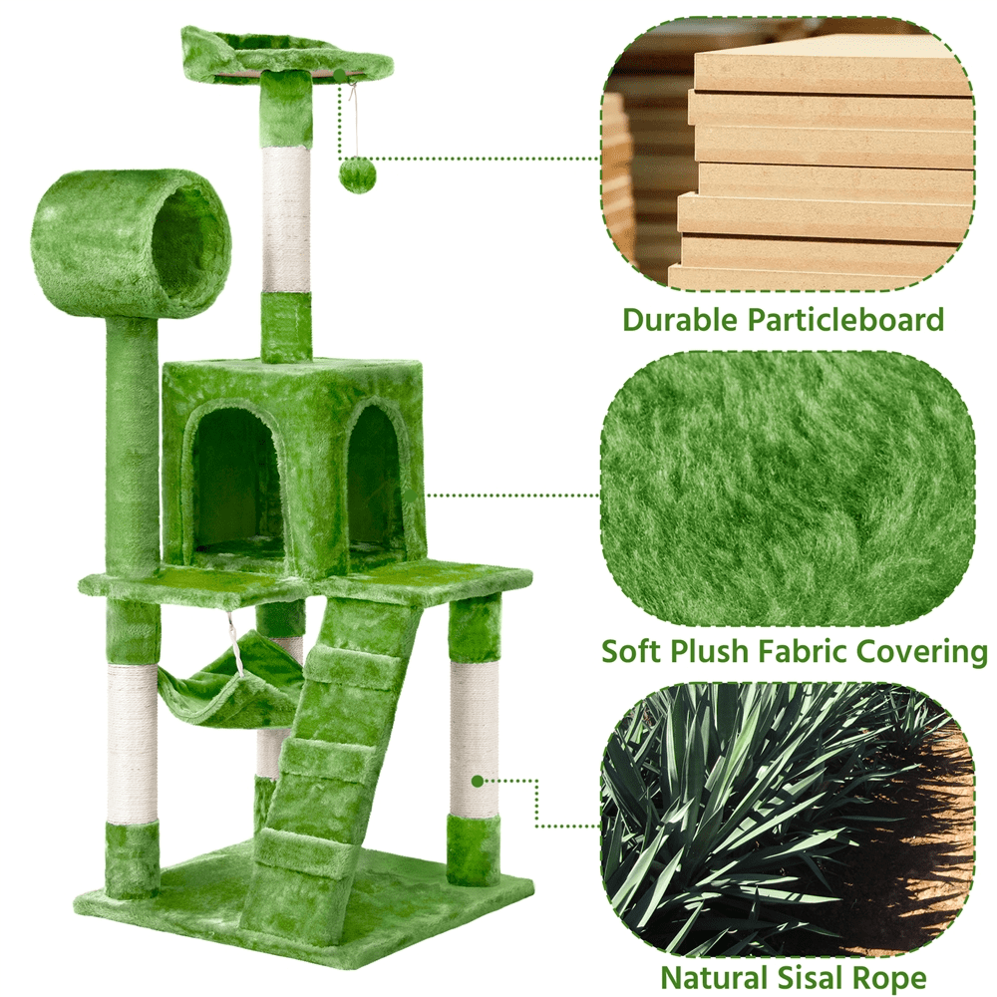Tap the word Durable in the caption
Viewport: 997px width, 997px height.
pyautogui.click(x=680, y=319)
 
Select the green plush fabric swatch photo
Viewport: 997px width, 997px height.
pyautogui.click(x=788, y=489)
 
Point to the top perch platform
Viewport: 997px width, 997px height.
pyautogui.click(x=285, y=54)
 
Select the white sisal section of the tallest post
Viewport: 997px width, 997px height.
pyautogui.click(x=286, y=220)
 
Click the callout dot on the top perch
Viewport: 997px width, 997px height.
pyautogui.click(x=340, y=76)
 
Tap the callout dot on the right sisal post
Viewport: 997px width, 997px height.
pyautogui.click(x=478, y=781)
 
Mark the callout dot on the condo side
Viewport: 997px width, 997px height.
pyautogui.click(x=412, y=495)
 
